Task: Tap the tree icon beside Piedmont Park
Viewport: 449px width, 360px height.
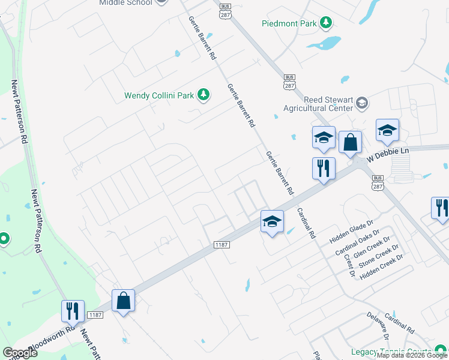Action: tap(326, 23)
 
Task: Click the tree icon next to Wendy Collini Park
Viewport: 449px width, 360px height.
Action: tap(203, 94)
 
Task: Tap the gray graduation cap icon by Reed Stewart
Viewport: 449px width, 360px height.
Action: tap(361, 103)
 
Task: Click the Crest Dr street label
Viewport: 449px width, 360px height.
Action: tap(349, 265)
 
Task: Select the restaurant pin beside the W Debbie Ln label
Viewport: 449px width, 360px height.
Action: tap(324, 169)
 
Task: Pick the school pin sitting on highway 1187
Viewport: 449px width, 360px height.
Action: tap(271, 223)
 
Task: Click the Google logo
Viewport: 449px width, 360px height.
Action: tap(20, 352)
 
